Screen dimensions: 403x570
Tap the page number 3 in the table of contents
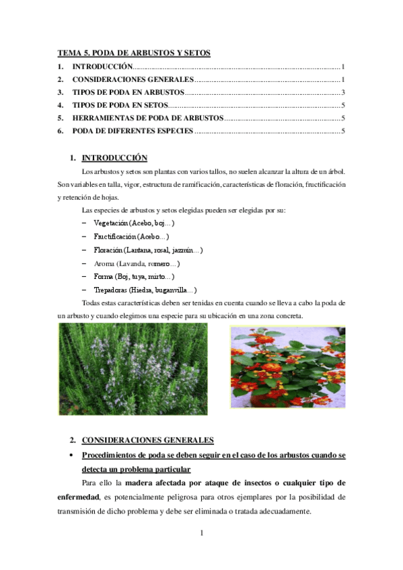click(x=343, y=92)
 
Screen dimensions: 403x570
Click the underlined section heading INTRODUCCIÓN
click(x=114, y=159)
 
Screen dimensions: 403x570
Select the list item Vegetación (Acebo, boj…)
click(x=135, y=222)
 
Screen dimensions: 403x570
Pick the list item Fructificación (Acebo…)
click(x=131, y=236)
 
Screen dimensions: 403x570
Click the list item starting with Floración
click(x=148, y=249)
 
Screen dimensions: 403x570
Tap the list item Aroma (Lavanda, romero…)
click(x=137, y=263)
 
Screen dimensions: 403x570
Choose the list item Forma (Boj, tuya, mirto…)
click(x=135, y=276)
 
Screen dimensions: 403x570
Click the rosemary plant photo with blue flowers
click(x=133, y=369)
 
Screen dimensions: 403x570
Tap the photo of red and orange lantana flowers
click(x=287, y=367)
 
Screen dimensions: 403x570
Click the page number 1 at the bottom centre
click(x=202, y=534)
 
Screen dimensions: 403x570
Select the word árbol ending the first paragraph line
click(x=336, y=172)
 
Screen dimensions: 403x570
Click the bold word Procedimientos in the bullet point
click(x=112, y=455)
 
